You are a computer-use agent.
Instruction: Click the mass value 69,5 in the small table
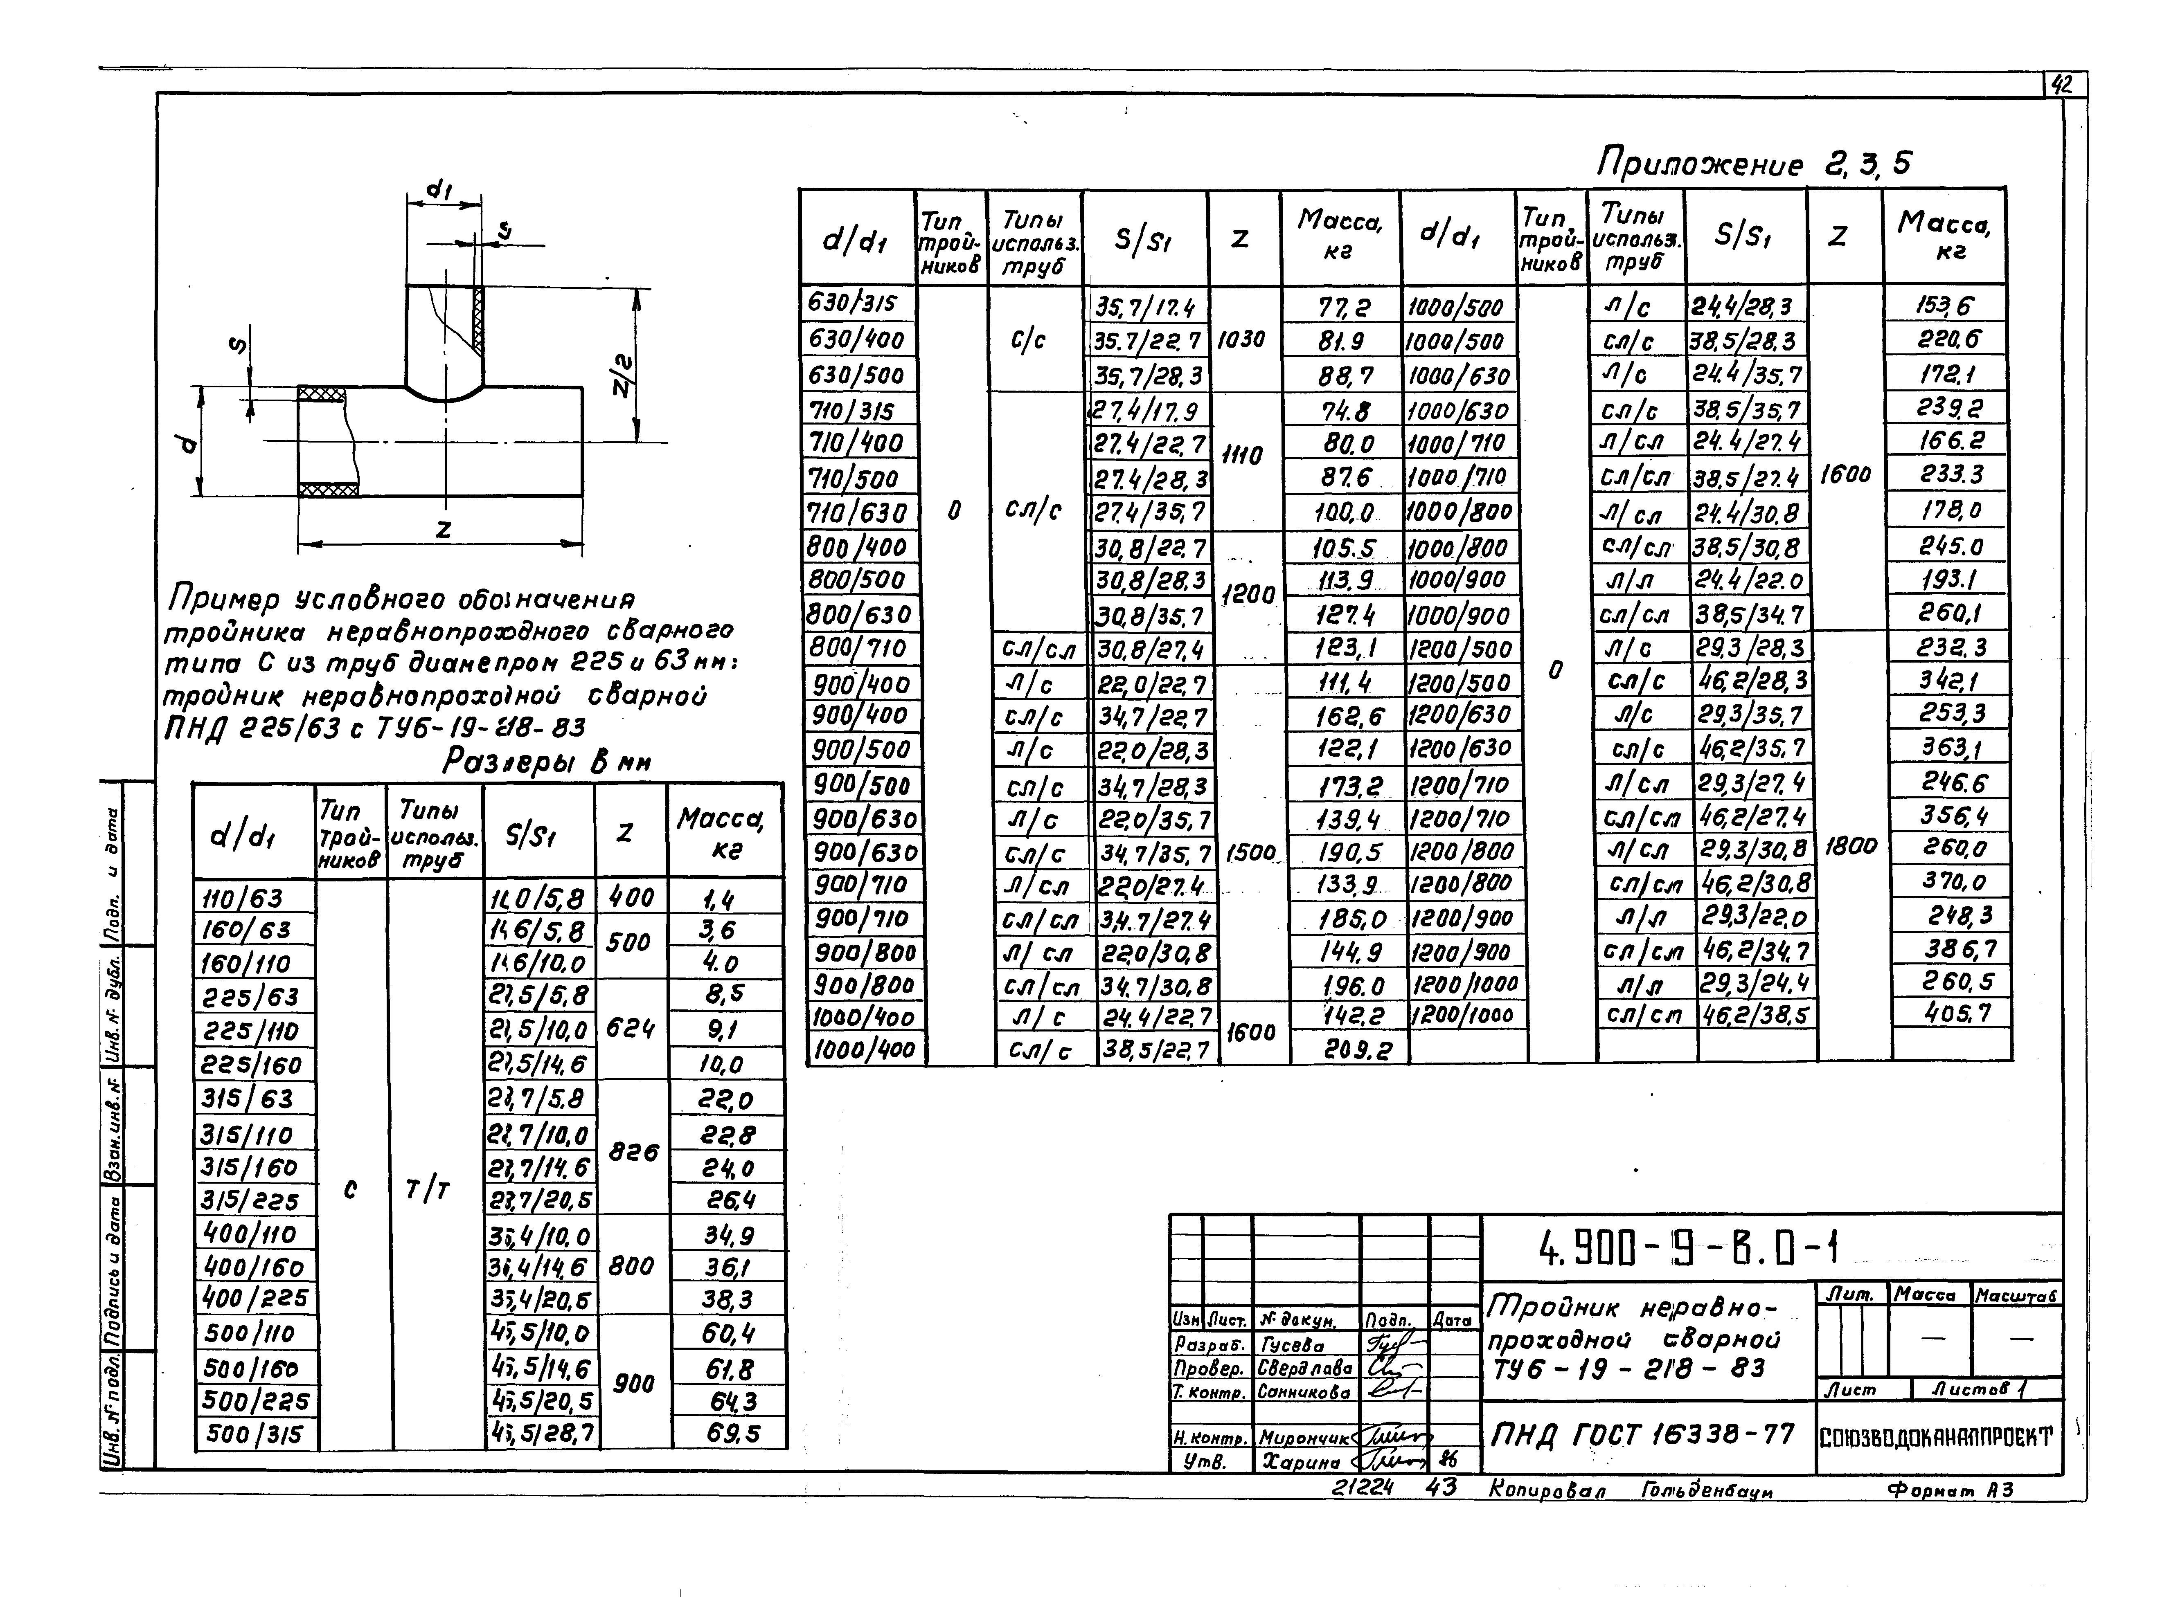[732, 1434]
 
